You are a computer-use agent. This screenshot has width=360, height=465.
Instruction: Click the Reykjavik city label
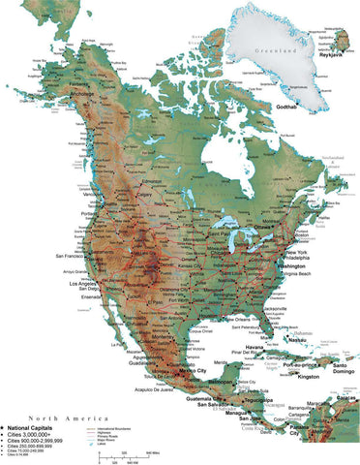(331, 55)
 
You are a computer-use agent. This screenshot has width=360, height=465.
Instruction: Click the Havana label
(255, 349)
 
